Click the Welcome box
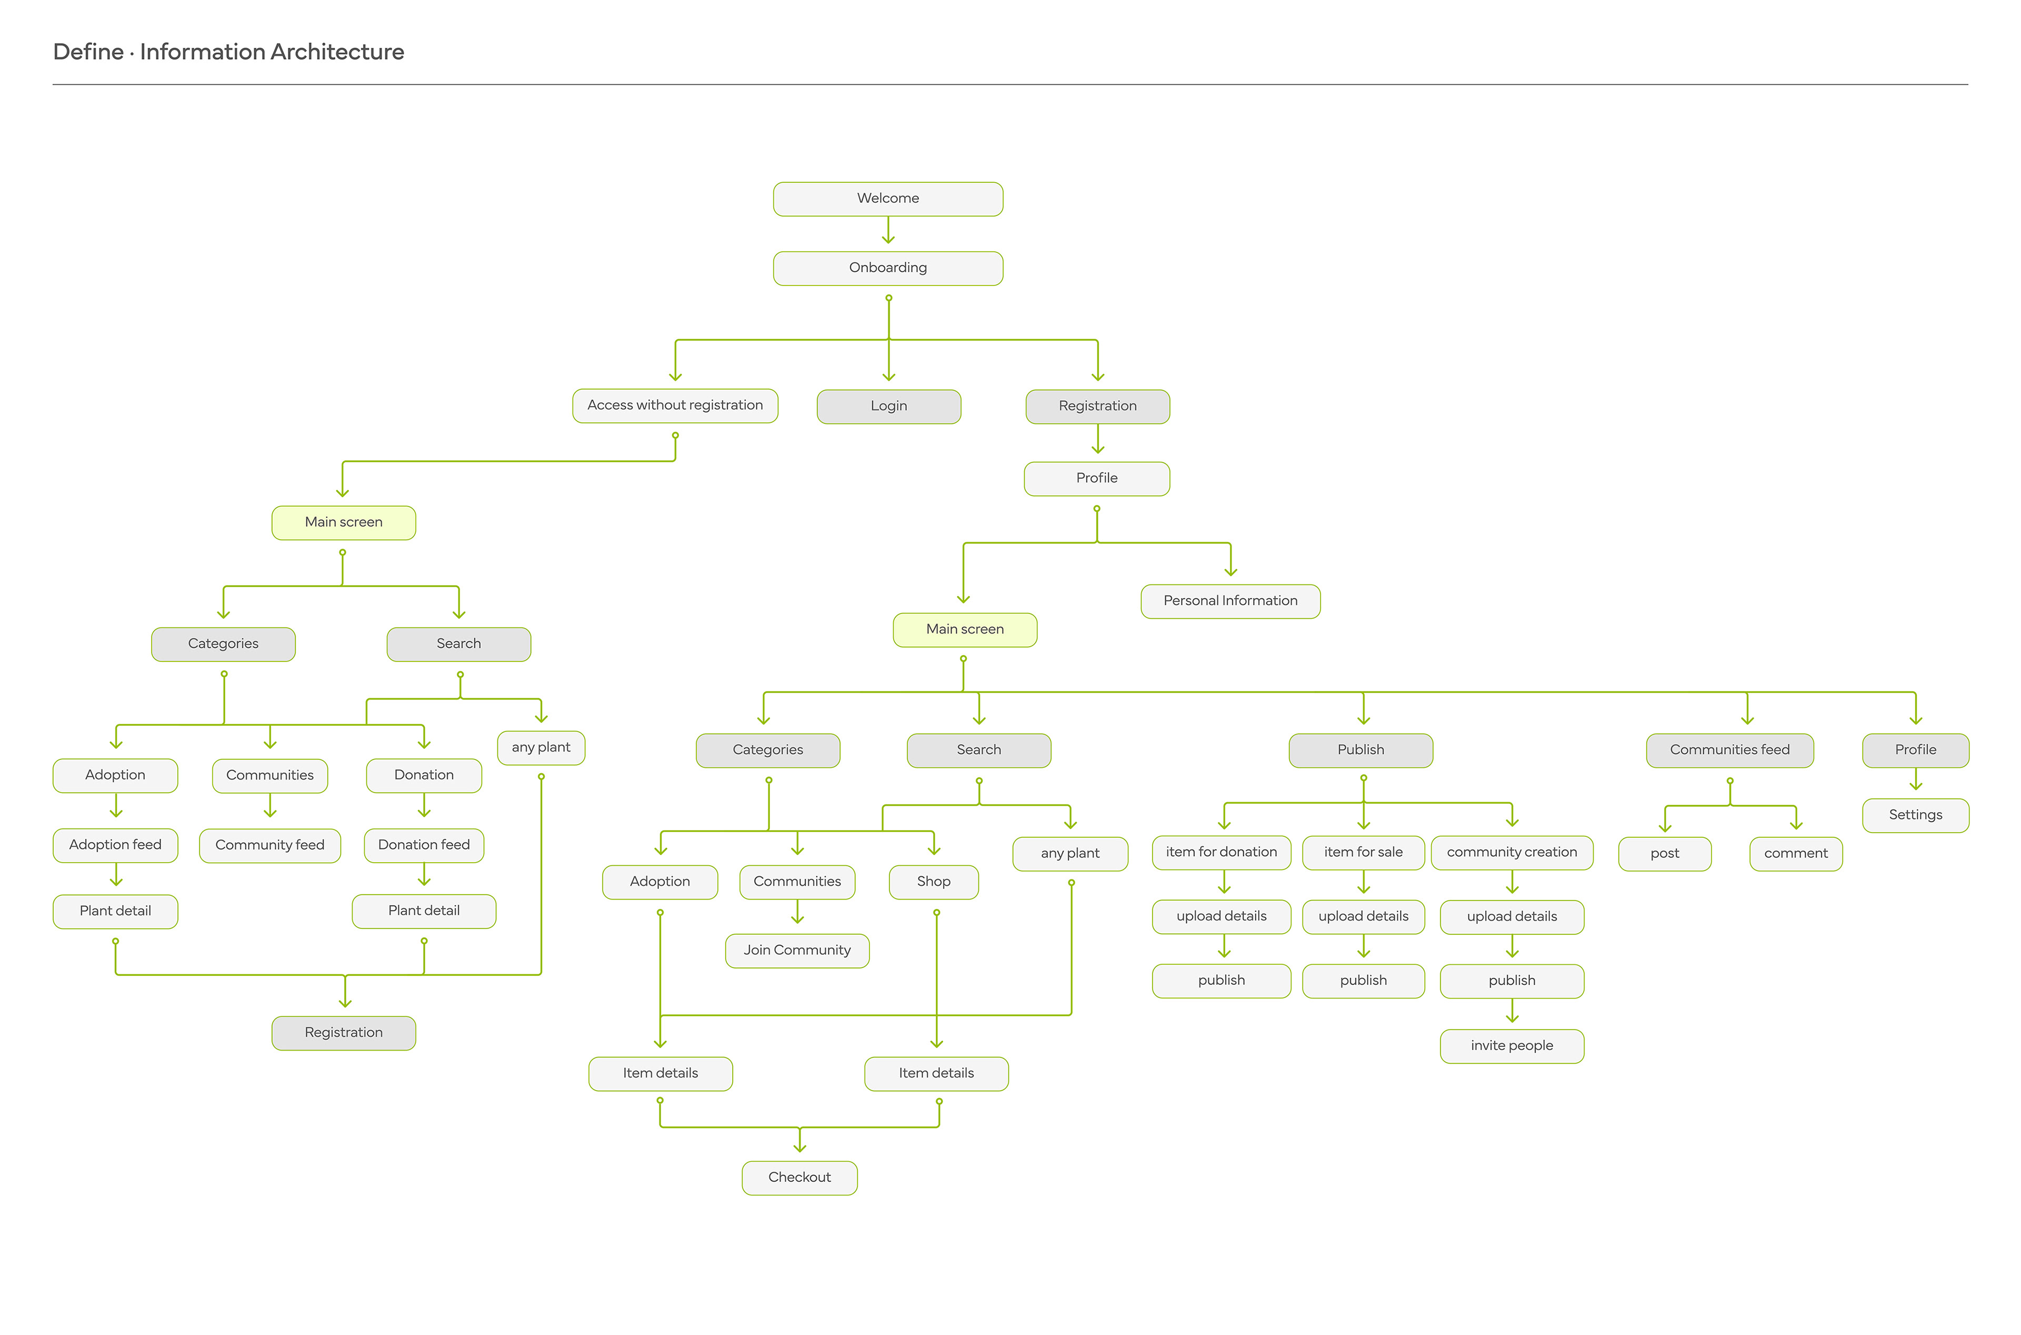pos(887,199)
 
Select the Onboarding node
pos(887,268)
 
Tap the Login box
pos(888,406)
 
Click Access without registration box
pos(675,406)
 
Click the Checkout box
pos(799,1178)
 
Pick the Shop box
pos(934,882)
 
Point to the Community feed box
pos(270,845)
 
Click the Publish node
pos(1360,750)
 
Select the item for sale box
pos(1363,852)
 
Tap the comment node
pos(1796,854)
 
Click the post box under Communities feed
pos(1665,854)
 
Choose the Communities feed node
pos(1729,750)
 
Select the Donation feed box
pos(424,845)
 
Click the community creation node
pos(1512,852)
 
